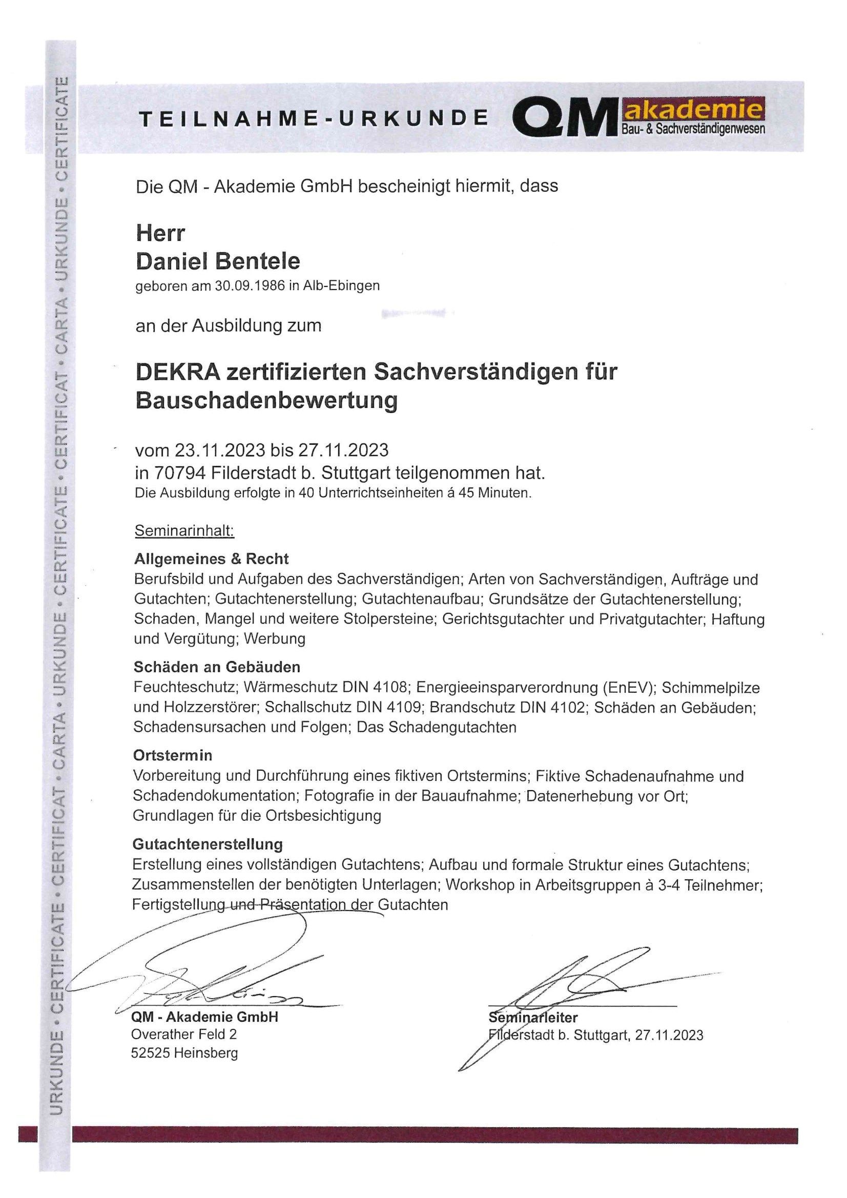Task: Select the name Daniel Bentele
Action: (218, 261)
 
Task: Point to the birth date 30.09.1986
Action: (245, 286)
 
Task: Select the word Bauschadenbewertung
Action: (266, 401)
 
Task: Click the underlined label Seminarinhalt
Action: (185, 531)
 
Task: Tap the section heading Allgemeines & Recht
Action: (211, 559)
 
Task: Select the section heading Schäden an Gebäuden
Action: (217, 667)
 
